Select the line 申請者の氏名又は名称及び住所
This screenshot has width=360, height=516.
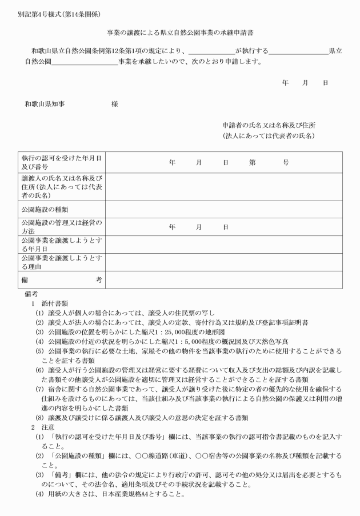(269, 125)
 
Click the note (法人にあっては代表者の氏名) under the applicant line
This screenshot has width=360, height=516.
(269, 136)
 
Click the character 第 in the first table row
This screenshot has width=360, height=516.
(252, 162)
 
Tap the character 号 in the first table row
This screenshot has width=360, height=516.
(286, 162)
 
